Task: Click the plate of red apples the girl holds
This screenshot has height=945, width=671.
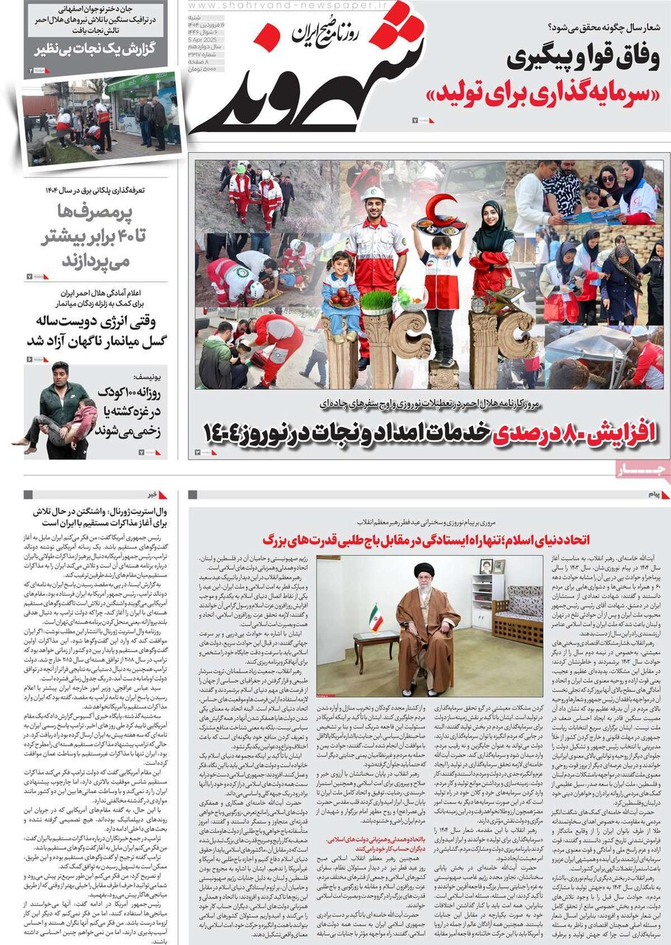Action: coord(341,297)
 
